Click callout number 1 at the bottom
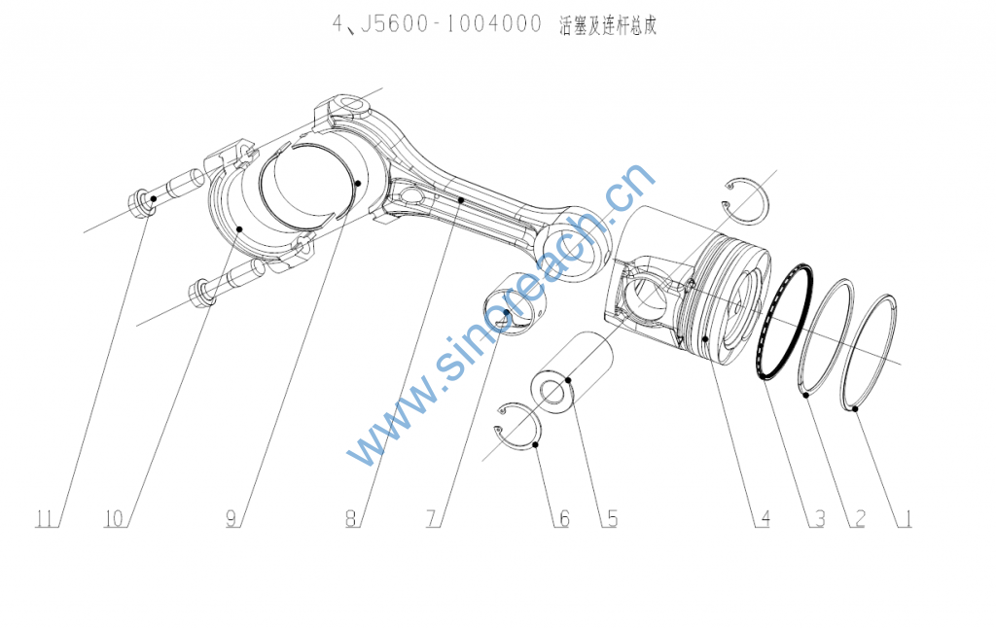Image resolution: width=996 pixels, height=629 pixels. [x=906, y=519]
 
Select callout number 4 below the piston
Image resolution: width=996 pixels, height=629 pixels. [x=765, y=519]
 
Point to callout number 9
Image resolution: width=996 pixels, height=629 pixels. [x=231, y=519]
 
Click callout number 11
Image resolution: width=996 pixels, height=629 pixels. [x=43, y=519]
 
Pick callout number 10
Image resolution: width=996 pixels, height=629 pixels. [x=115, y=519]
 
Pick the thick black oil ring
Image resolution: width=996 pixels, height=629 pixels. [x=786, y=321]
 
